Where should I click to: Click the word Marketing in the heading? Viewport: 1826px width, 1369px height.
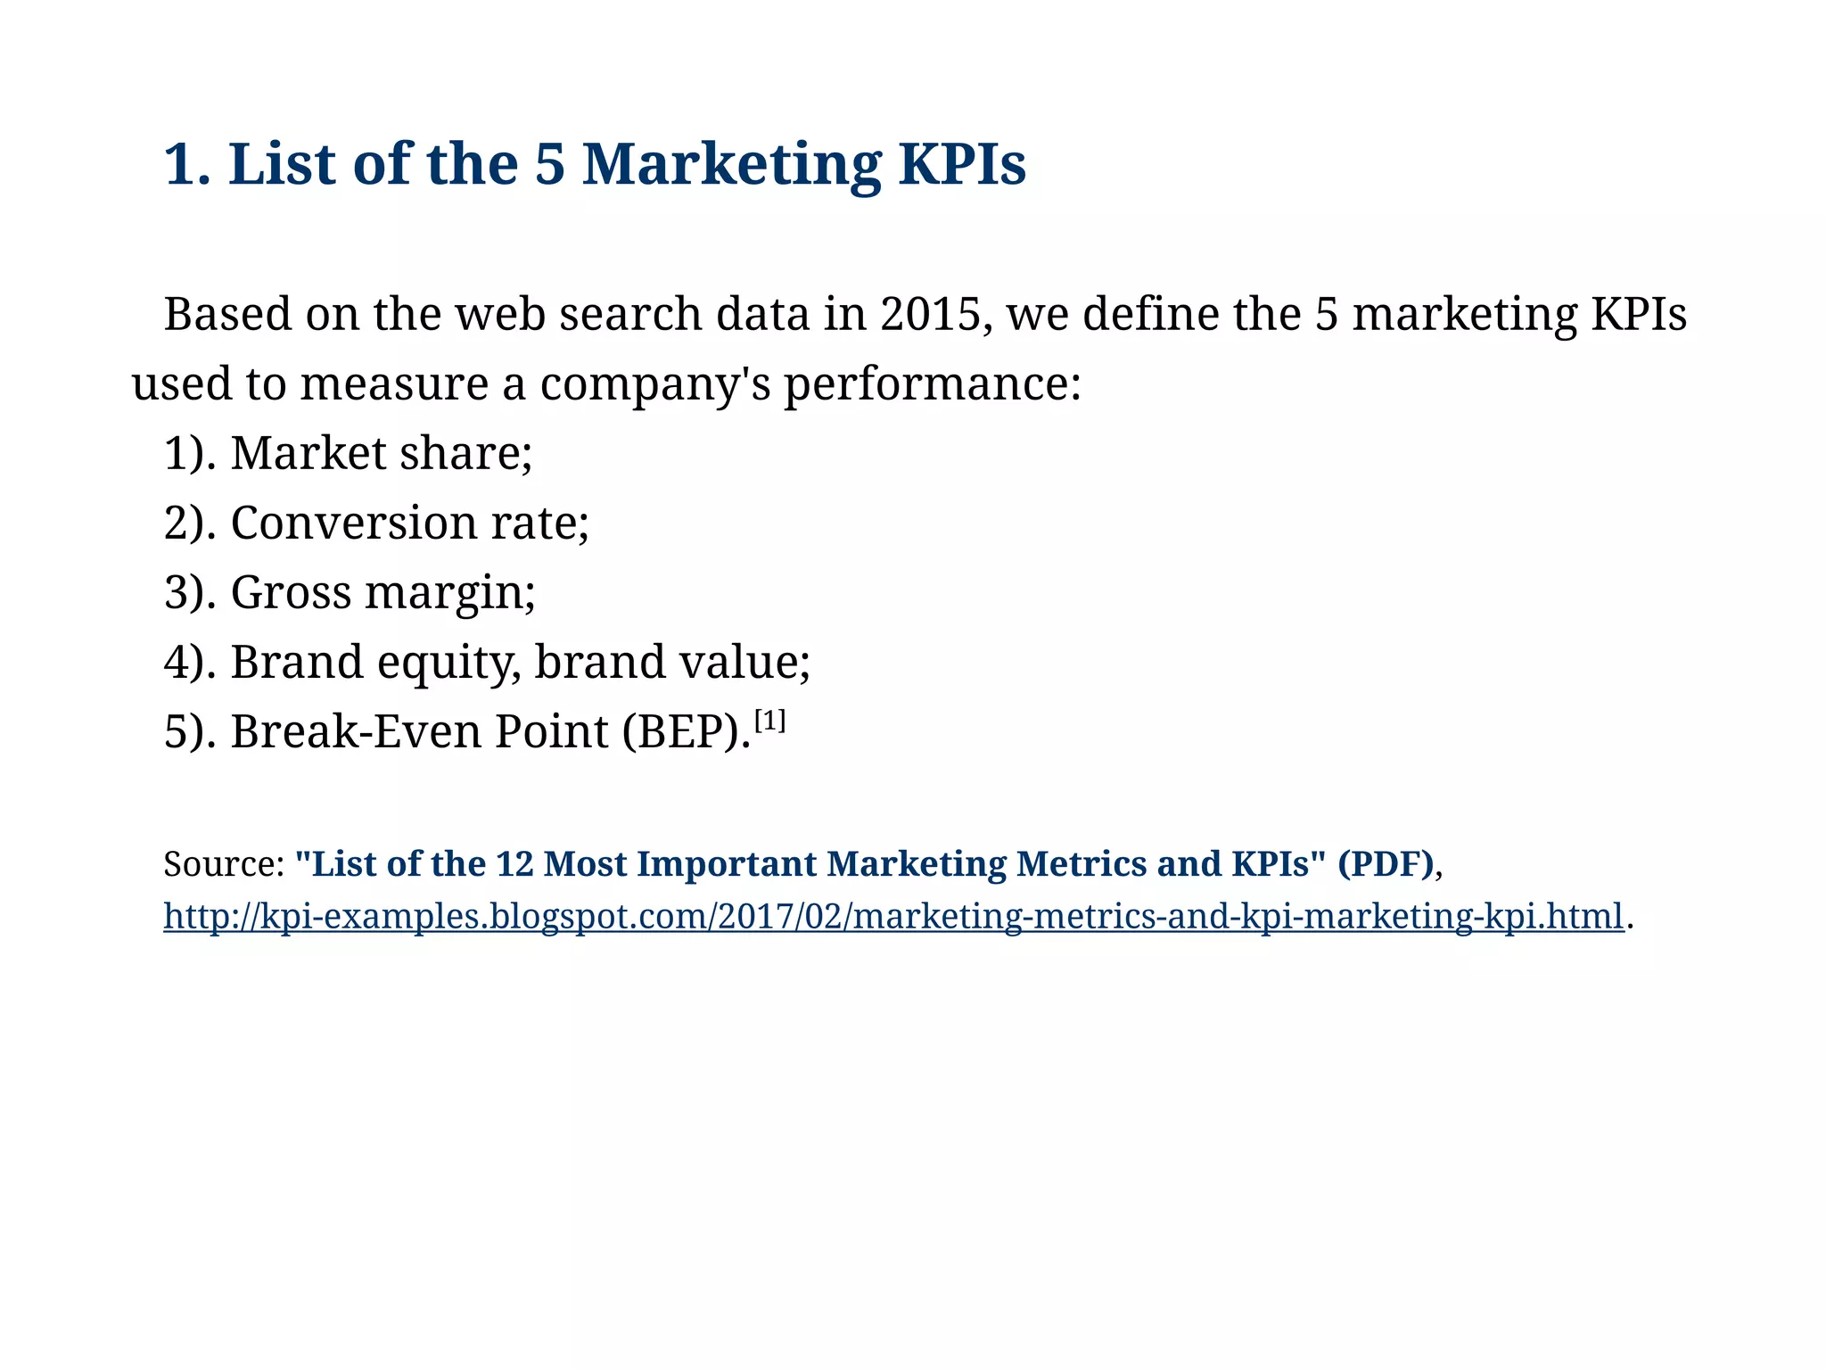pyautogui.click(x=731, y=165)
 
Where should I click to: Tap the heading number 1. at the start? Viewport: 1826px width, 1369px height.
pyautogui.click(x=187, y=165)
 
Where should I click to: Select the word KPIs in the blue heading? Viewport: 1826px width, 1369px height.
pyautogui.click(x=962, y=165)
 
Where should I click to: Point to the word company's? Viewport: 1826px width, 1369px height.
pyautogui.click(x=654, y=384)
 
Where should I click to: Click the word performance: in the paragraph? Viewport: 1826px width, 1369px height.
pyautogui.click(x=932, y=384)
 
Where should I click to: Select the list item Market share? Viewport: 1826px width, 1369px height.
pyautogui.click(x=381, y=453)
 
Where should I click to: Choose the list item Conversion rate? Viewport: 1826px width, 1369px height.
pyautogui.click(x=409, y=523)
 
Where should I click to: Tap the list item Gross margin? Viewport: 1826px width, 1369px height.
pyautogui.click(x=382, y=592)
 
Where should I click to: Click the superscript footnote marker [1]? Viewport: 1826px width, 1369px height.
pyautogui.click(x=769, y=720)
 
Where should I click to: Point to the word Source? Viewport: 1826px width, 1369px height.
pyautogui.click(x=224, y=864)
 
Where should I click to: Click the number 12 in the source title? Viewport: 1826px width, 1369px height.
pyautogui.click(x=514, y=864)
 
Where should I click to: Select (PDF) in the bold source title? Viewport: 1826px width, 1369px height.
pyautogui.click(x=1386, y=864)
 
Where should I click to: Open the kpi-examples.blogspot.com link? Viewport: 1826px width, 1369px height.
pyautogui.click(x=892, y=917)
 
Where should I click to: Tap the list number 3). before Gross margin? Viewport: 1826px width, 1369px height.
pyautogui.click(x=190, y=592)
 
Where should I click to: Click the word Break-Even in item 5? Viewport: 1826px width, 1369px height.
pyautogui.click(x=356, y=732)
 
